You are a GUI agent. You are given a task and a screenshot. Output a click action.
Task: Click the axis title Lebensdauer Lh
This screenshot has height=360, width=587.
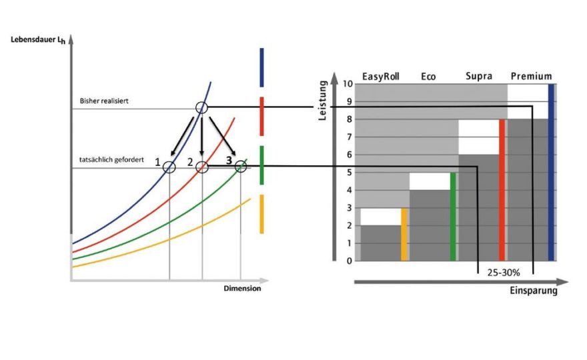click(x=38, y=40)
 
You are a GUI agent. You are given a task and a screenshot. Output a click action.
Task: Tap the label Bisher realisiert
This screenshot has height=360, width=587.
click(x=104, y=101)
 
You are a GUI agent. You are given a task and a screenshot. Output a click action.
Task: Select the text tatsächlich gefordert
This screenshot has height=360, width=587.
click(x=111, y=160)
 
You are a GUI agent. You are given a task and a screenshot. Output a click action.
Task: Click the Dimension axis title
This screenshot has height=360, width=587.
click(x=242, y=288)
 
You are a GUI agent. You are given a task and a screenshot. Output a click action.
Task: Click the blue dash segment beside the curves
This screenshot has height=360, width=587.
click(x=261, y=67)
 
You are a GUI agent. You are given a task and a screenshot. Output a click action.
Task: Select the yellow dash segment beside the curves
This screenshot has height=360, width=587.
click(x=261, y=214)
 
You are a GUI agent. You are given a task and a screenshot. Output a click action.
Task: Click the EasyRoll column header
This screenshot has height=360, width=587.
click(x=381, y=77)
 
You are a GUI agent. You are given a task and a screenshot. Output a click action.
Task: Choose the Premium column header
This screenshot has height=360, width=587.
click(x=531, y=77)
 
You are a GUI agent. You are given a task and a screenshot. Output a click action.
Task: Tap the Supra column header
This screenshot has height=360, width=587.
click(x=479, y=76)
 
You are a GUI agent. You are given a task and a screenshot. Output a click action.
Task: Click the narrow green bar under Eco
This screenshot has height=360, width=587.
click(x=453, y=216)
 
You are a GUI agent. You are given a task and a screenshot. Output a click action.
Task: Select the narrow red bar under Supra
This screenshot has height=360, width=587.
click(x=502, y=190)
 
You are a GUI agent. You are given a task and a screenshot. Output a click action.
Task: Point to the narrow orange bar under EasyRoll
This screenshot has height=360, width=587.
click(x=404, y=234)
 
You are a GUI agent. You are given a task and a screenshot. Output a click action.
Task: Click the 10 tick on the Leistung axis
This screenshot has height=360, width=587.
click(x=348, y=84)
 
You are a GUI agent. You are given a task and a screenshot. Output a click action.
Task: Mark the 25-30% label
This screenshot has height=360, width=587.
click(x=504, y=273)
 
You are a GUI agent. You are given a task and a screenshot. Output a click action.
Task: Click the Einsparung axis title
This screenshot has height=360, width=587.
click(x=534, y=291)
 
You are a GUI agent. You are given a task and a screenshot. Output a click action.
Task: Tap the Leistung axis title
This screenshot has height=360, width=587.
click(x=322, y=100)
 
